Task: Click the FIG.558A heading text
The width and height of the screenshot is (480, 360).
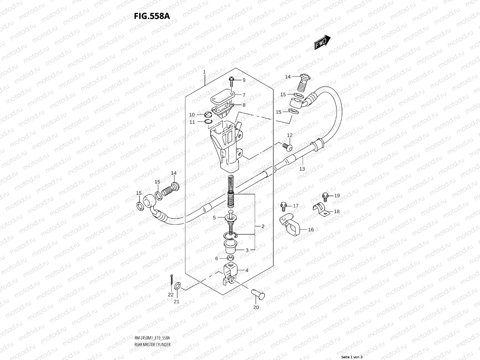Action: click(x=152, y=16)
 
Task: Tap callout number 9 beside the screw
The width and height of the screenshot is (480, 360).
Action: click(x=244, y=80)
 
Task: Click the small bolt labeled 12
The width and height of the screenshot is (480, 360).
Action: click(x=287, y=146)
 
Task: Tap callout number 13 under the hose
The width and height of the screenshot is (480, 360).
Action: click(x=302, y=169)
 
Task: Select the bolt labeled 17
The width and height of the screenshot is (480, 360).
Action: click(x=283, y=205)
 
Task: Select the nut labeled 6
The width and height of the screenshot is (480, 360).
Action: click(x=230, y=258)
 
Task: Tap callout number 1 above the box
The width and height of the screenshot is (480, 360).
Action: click(x=204, y=72)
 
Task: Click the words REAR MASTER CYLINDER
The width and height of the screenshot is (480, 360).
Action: click(x=152, y=328)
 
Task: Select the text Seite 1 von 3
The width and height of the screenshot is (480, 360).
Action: click(x=352, y=357)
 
